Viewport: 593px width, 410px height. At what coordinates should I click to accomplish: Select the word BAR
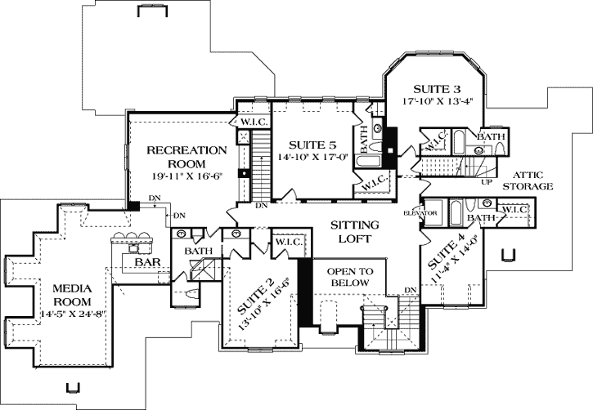147,263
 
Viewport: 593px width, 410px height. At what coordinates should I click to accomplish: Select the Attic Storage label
533,180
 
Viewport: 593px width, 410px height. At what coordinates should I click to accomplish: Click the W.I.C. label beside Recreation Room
249,123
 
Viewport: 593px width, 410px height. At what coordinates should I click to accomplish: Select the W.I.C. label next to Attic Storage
515,210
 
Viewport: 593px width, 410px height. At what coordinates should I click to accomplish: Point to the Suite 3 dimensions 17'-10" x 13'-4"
438,102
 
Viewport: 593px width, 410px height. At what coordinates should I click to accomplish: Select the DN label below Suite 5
261,206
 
